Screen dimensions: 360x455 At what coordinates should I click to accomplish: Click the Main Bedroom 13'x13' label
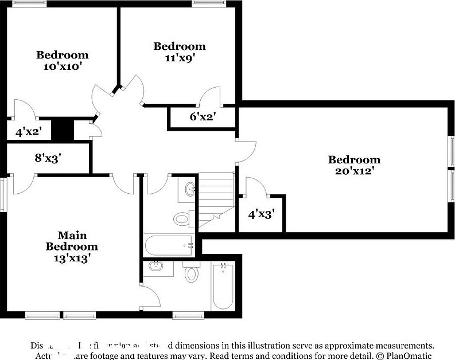click(x=72, y=246)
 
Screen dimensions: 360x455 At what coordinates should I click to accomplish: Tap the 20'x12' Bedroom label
click(x=354, y=165)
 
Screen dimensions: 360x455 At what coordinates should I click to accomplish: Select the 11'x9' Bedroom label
click(x=179, y=52)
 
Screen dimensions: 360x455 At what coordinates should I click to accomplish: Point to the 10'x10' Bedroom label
click(x=63, y=60)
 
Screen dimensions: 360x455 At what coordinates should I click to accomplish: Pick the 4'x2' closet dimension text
click(x=29, y=132)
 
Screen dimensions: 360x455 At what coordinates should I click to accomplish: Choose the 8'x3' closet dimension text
click(x=48, y=157)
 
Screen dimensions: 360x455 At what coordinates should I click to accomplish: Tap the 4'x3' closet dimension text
click(x=261, y=214)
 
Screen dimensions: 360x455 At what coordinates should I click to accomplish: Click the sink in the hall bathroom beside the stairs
click(x=190, y=189)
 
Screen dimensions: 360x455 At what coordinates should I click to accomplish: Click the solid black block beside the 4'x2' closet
click(x=63, y=130)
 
